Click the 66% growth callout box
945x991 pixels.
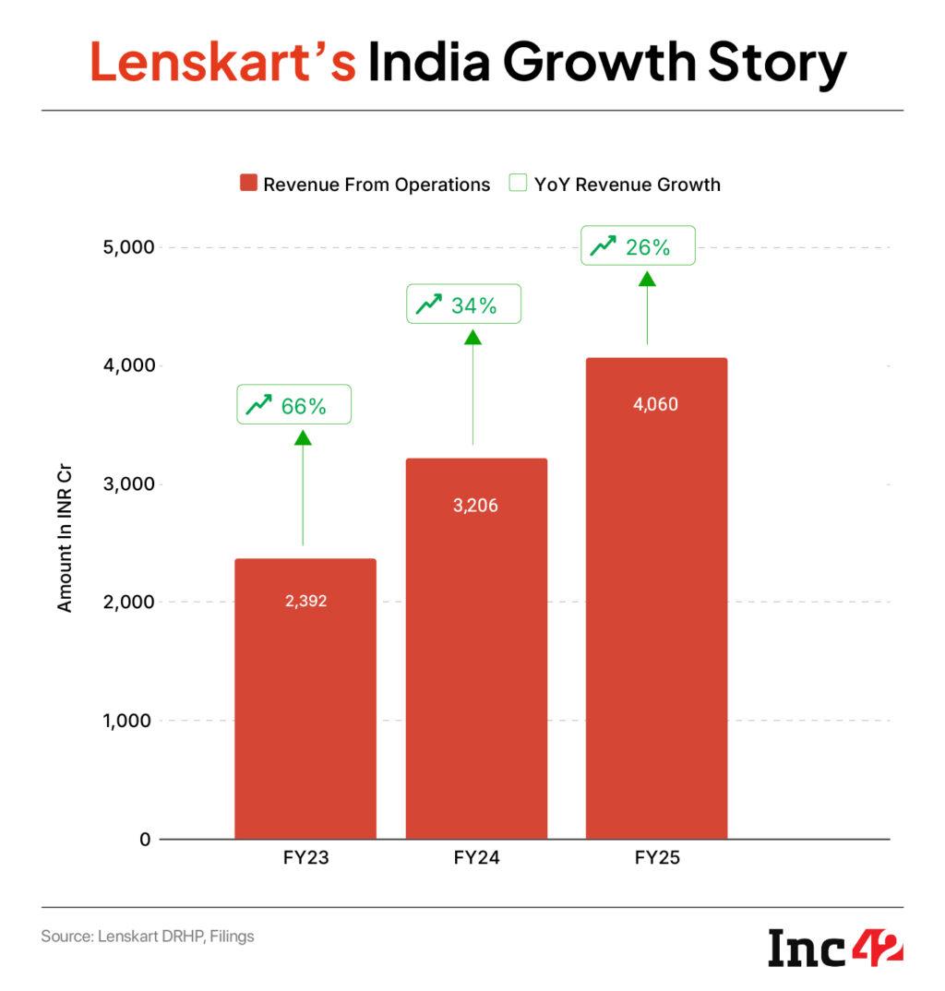click(x=293, y=405)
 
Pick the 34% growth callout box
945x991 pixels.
click(x=464, y=304)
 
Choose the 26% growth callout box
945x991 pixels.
click(x=637, y=246)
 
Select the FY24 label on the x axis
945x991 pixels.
click(x=476, y=858)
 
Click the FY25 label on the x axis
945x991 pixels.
click(x=656, y=858)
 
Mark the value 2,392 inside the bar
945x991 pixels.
click(x=305, y=602)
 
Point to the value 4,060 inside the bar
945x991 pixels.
click(x=656, y=404)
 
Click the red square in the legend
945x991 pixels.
click(x=247, y=184)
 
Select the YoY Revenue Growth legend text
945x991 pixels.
click(x=627, y=185)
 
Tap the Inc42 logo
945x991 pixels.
click(x=835, y=948)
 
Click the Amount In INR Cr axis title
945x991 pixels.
click(x=65, y=542)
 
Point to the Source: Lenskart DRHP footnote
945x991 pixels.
click(x=148, y=937)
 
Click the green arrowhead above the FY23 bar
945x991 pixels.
click(x=303, y=437)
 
